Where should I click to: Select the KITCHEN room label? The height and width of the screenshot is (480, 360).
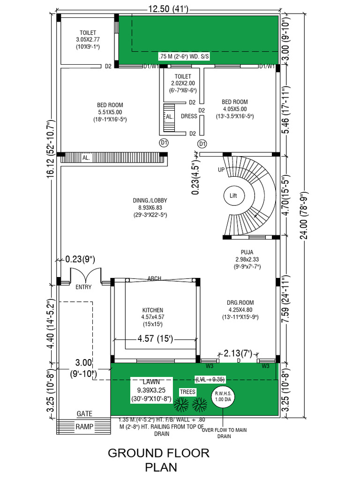click(152, 310)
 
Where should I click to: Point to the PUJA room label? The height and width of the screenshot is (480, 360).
click(247, 252)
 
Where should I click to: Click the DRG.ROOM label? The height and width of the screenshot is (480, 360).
click(240, 302)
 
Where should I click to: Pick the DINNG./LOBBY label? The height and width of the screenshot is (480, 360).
click(150, 201)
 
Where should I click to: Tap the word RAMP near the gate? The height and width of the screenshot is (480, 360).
click(84, 427)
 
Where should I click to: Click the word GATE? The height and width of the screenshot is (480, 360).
click(84, 413)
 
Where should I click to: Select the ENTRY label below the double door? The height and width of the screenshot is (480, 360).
click(83, 287)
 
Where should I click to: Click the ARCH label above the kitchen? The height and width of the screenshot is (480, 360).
click(154, 278)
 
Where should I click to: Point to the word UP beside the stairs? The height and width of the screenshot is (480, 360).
click(221, 170)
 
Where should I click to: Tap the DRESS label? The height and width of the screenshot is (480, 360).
click(189, 116)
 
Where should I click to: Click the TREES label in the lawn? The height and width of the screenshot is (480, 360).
click(187, 392)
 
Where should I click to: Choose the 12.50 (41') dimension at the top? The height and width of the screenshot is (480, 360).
click(168, 9)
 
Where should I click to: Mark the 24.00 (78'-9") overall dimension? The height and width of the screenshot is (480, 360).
click(305, 216)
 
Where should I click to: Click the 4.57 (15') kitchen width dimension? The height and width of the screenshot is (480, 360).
click(155, 338)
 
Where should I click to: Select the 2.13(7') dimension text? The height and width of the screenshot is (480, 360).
click(238, 353)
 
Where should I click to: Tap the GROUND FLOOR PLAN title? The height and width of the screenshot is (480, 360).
click(158, 460)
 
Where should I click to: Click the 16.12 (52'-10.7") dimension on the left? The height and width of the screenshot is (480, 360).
click(51, 148)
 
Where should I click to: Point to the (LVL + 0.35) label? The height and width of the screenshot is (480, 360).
click(210, 380)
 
